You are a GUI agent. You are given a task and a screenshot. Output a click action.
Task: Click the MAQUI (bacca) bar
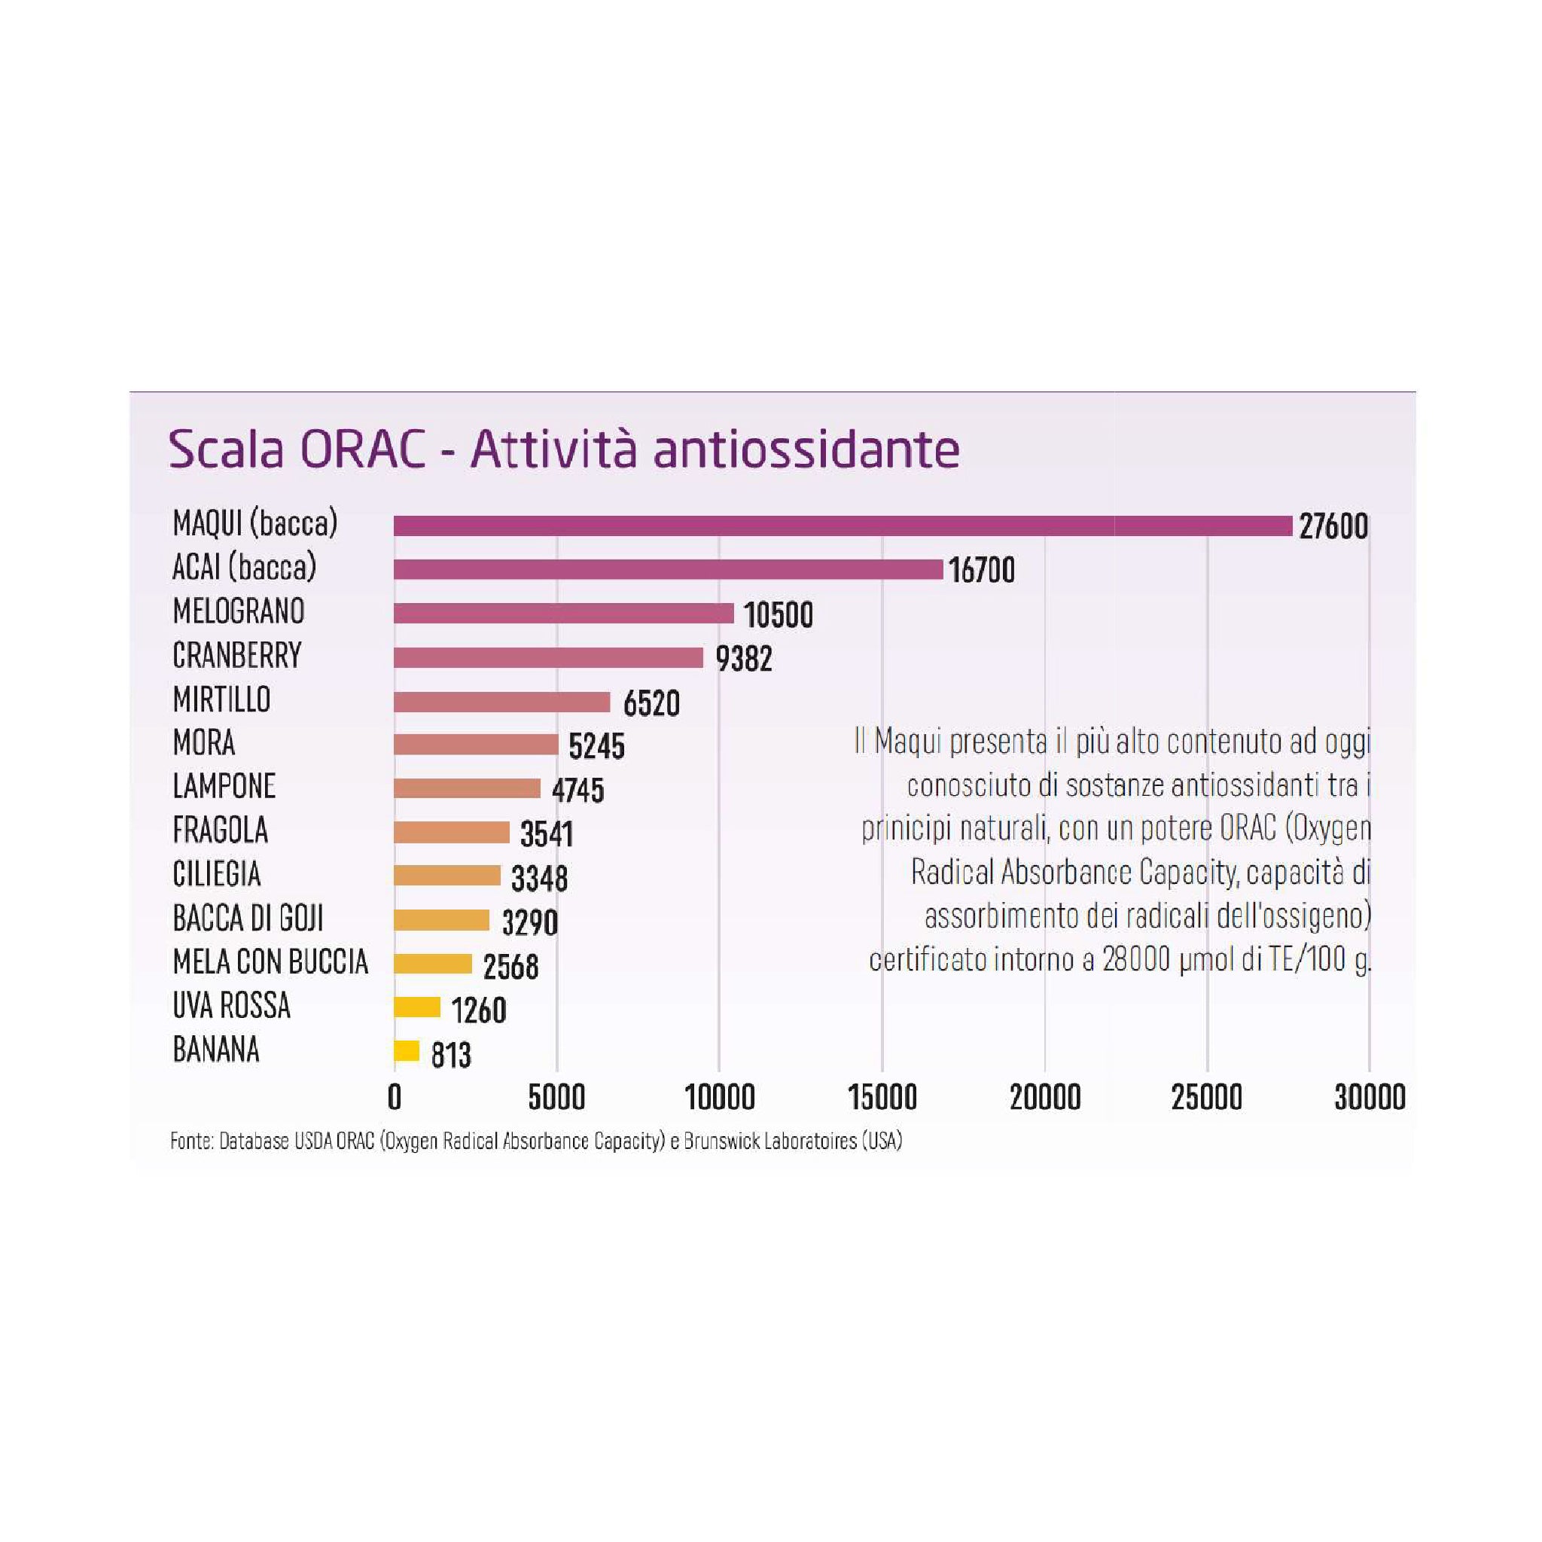coord(842,526)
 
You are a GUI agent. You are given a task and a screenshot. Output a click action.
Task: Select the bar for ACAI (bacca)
coord(668,569)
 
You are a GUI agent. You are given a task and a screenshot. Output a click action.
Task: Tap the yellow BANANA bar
coord(407,1050)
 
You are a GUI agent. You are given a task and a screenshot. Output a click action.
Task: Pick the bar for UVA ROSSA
coord(416,1007)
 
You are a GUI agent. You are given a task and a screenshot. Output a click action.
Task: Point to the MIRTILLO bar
coord(501,702)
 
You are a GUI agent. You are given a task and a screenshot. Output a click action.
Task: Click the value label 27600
coord(1333,527)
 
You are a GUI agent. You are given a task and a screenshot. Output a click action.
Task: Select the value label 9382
coord(743,660)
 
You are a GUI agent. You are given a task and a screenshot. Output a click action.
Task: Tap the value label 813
coord(451,1055)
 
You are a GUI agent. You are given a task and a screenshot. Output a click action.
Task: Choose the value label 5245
coord(596,747)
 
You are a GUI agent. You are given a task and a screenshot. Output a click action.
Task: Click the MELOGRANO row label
coord(239,611)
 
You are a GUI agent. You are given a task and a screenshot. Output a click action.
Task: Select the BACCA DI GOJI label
coord(248,919)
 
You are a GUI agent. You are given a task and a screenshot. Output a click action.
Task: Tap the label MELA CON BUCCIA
coord(270,962)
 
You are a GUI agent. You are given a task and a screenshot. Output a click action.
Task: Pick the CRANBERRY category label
coord(237,655)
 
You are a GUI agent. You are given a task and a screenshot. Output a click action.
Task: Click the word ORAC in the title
coord(362,449)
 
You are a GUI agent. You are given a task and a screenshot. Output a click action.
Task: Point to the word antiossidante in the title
coord(806,449)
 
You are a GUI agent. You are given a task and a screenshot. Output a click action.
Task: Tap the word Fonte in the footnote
coord(190,1141)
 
